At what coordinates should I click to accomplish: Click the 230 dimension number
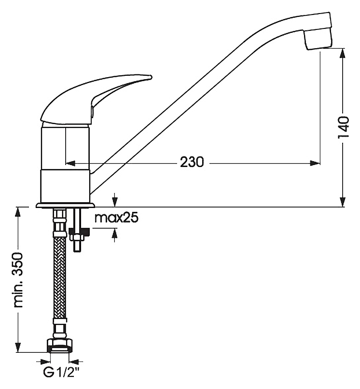[x=192, y=163]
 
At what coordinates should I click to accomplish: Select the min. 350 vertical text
[x=19, y=280]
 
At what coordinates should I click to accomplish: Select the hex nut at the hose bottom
[x=60, y=346]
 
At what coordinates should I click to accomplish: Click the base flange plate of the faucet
[x=65, y=206]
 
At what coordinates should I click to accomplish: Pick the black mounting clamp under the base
[x=80, y=232]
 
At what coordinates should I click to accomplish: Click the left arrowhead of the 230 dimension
[x=70, y=163]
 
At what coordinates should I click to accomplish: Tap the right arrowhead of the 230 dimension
[x=315, y=163]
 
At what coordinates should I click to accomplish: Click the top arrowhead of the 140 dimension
[x=343, y=54]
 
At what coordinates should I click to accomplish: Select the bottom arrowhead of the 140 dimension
[x=343, y=201]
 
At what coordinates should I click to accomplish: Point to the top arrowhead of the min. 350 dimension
[x=18, y=212]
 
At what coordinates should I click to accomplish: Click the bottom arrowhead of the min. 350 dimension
[x=18, y=347]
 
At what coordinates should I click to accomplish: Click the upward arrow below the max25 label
[x=115, y=235]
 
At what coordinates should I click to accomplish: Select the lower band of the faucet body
[x=65, y=186]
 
